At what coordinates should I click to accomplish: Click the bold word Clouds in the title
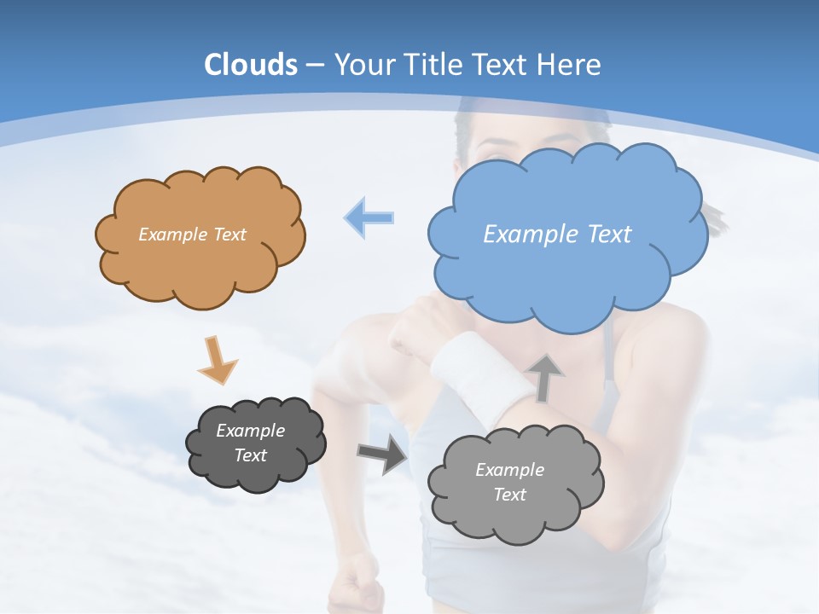pyautogui.click(x=251, y=65)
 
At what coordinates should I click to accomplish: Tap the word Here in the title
pyautogui.click(x=573, y=65)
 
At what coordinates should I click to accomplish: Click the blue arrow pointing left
pyautogui.click(x=369, y=218)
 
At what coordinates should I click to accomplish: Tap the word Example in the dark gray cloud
pyautogui.click(x=251, y=431)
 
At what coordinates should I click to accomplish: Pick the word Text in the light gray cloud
pyautogui.click(x=510, y=495)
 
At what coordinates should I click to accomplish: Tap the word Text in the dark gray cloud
pyautogui.click(x=251, y=455)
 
